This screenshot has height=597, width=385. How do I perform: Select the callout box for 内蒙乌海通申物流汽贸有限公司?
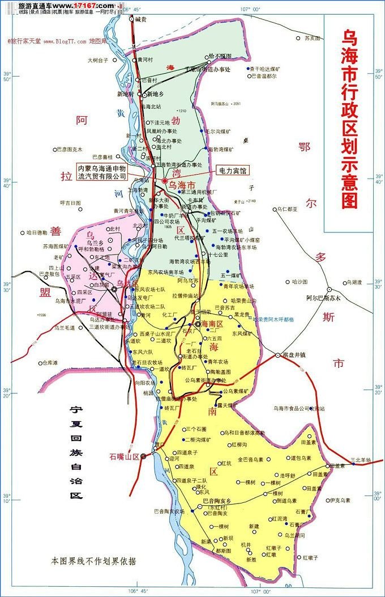(102, 172)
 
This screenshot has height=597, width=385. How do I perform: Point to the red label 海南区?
(212, 323)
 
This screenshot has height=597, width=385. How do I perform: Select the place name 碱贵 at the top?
(141, 19)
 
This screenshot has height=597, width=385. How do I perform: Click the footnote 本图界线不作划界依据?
(93, 561)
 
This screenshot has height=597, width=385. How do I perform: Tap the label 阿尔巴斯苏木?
(323, 298)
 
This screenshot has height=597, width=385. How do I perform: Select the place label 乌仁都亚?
(287, 209)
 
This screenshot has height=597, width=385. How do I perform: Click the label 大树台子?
(97, 60)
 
